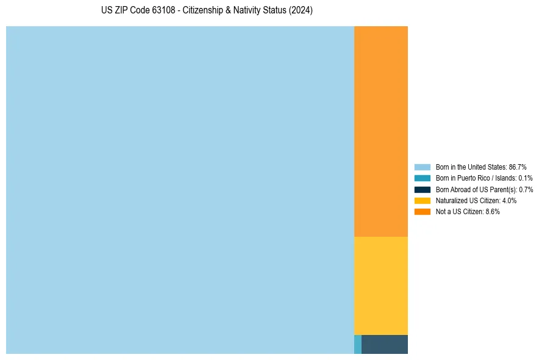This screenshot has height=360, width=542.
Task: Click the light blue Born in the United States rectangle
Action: [x=180, y=190]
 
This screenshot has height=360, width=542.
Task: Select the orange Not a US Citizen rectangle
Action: [x=381, y=131]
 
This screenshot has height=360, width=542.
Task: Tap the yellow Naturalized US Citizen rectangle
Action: [x=381, y=286]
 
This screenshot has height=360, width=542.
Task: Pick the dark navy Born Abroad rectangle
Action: [x=385, y=344]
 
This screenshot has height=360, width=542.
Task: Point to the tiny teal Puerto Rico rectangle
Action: [x=358, y=344]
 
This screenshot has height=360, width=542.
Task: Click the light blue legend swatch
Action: [x=423, y=167]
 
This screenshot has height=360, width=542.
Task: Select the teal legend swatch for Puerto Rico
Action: [x=423, y=178]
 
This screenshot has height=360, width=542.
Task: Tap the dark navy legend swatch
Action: [x=423, y=189]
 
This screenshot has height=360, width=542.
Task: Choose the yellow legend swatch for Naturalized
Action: [x=423, y=200]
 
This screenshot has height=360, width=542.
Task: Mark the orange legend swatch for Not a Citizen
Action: [x=423, y=212]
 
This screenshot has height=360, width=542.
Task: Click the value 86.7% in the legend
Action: [x=518, y=167]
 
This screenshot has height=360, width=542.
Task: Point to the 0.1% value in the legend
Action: [x=525, y=178]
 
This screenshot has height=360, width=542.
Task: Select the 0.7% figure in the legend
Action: [x=526, y=189]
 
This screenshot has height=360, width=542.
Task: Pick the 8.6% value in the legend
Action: [x=493, y=212]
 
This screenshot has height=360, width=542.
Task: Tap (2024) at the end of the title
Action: [x=301, y=11]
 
